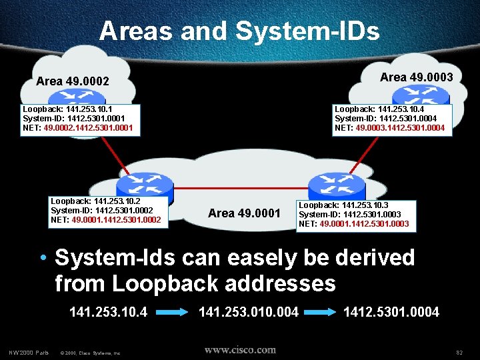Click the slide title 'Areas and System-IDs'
pos(239,31)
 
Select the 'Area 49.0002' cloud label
pos(72,81)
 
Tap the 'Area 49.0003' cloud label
pos(416,77)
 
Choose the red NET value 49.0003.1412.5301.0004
pos(400,127)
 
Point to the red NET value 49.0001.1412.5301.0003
pos(365,224)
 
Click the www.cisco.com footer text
pos(240,350)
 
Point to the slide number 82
pos(459,352)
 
